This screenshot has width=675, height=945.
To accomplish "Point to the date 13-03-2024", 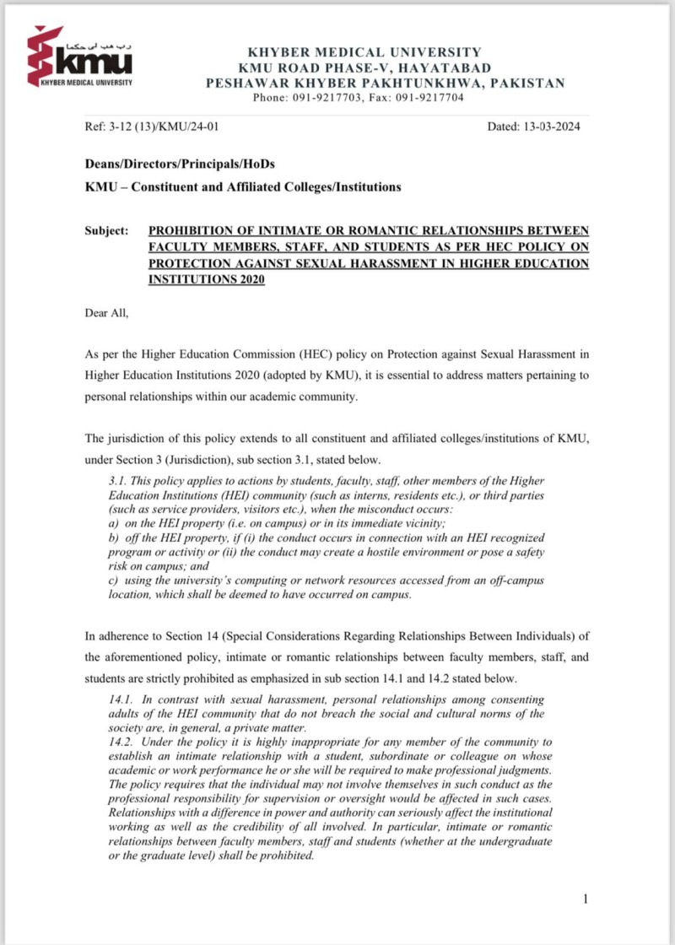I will pyautogui.click(x=551, y=127).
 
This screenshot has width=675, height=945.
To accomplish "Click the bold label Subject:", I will pyautogui.click(x=107, y=230).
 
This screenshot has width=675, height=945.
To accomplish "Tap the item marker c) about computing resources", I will pyautogui.click(x=105, y=581).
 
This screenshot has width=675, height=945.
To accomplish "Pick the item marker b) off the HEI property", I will pyautogui.click(x=105, y=538).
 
